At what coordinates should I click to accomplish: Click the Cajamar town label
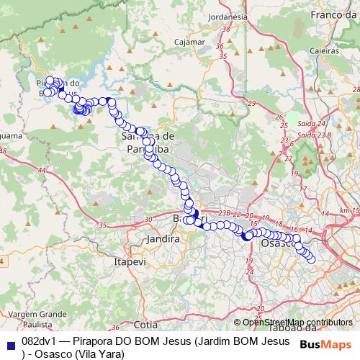pyautogui.click(x=190, y=42)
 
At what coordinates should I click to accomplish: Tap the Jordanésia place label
pyautogui.click(x=226, y=15)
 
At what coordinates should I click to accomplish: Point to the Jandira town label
pyautogui.click(x=161, y=238)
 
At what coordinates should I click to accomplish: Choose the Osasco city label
pyautogui.click(x=275, y=243)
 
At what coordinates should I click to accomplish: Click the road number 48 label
pyautogui.click(x=3, y=151)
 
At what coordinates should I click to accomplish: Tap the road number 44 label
pyautogui.click(x=42, y=171)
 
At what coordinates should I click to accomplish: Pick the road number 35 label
pyautogui.click(x=103, y=225)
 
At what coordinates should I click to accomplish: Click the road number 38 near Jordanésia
pyautogui.click(x=227, y=30)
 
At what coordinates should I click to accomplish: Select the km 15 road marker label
pyautogui.click(x=350, y=210)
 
